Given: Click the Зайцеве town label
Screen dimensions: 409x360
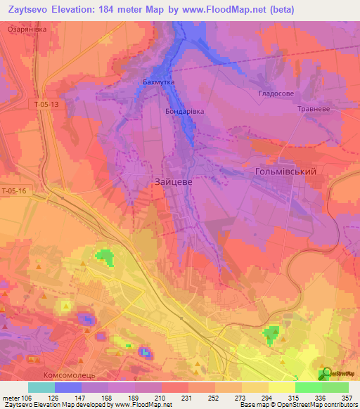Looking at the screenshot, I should pyautogui.click(x=172, y=181).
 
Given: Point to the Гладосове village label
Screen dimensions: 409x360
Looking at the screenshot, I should pyautogui.click(x=276, y=93).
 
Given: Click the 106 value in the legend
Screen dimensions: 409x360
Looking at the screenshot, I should pyautogui.click(x=27, y=398).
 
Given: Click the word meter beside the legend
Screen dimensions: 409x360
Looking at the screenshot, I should pyautogui.click(x=10, y=398).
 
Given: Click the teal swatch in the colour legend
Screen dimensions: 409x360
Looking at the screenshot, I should pyautogui.click(x=41, y=387).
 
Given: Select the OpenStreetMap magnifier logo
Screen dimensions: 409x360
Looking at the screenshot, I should pyautogui.click(x=325, y=373).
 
